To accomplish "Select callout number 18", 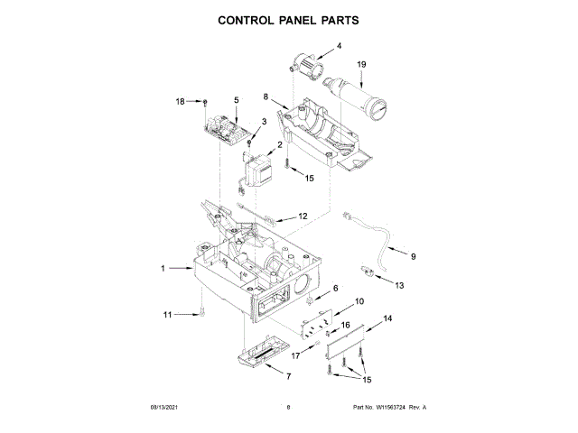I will [179, 101].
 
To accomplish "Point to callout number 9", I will [413, 257].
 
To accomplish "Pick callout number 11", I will [166, 314].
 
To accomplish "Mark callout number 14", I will [388, 318].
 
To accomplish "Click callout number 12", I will [303, 216].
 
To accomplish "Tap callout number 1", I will [163, 268].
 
